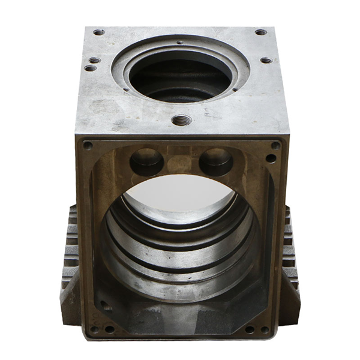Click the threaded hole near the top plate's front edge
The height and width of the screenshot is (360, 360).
(x=179, y=120)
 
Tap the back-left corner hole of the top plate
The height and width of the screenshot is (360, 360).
(x=99, y=32)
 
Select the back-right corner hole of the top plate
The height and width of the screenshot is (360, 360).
(x=260, y=32)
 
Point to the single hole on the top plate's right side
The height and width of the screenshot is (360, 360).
(x=265, y=60)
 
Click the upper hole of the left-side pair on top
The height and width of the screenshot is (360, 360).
(x=94, y=61)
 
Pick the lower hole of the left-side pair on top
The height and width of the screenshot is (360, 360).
(x=90, y=68)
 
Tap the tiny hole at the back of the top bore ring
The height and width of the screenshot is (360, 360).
(x=180, y=42)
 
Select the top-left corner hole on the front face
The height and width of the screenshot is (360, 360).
(x=88, y=145)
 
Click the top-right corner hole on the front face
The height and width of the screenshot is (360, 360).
(x=275, y=145)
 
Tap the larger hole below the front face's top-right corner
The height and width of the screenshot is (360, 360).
(x=271, y=159)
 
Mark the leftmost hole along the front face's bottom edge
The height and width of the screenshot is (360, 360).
(x=95, y=329)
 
